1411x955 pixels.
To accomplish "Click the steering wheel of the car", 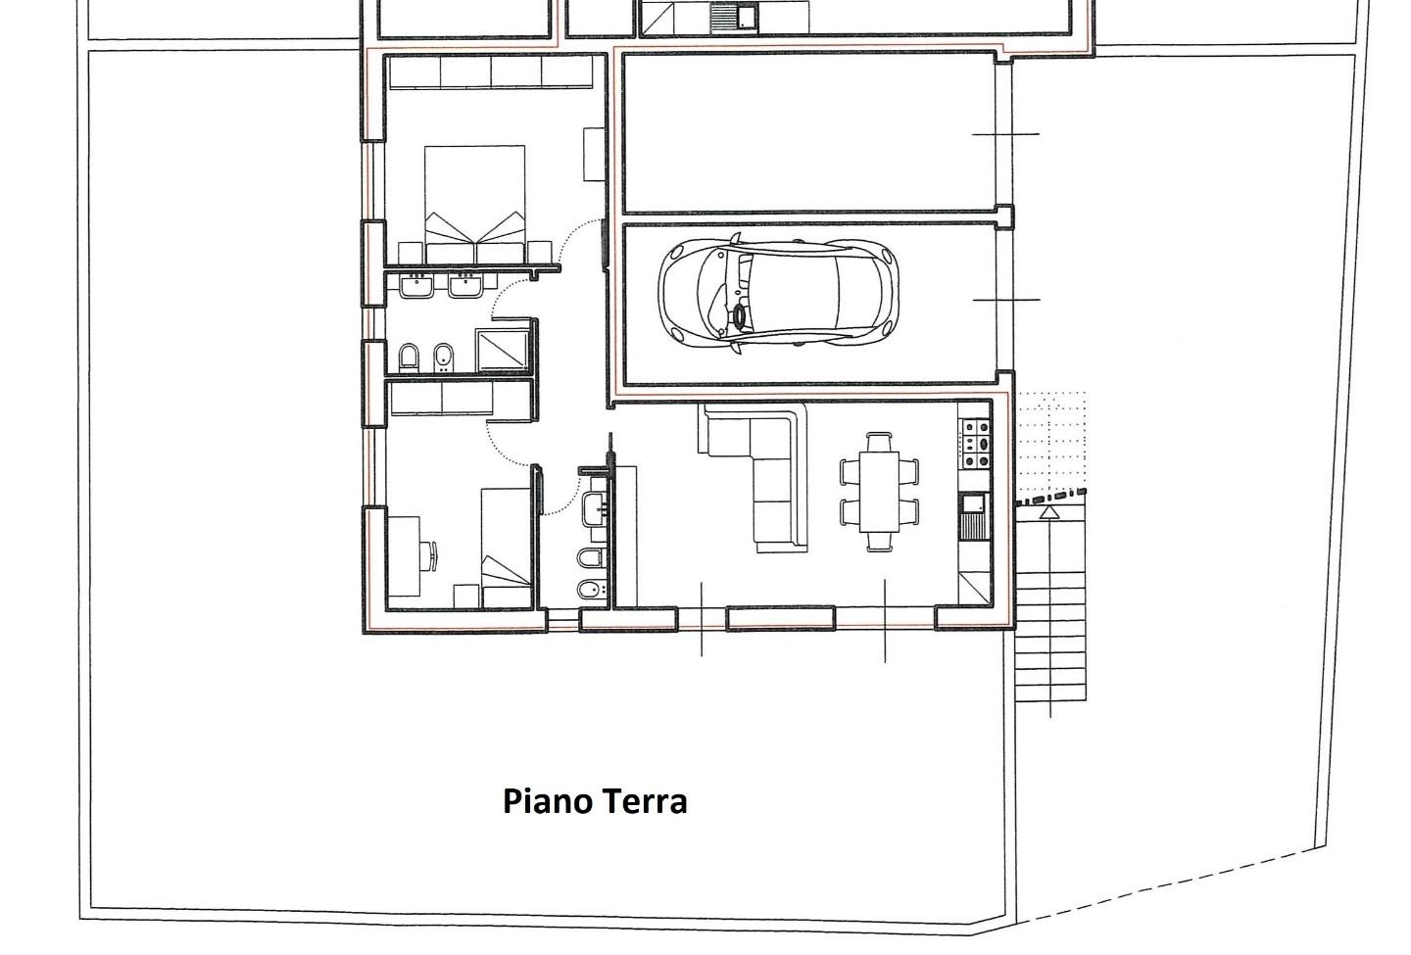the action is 740,317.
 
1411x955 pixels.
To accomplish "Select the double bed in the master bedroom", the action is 475,205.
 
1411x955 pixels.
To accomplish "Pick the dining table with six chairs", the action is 879,492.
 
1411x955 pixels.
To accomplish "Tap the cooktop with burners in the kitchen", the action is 974,444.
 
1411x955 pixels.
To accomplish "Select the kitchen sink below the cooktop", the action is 974,515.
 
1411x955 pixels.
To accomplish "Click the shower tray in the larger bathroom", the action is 502,350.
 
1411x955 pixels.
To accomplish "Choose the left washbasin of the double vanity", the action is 416,286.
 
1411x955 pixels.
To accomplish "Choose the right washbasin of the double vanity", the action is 466,286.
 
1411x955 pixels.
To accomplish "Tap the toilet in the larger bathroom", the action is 409,358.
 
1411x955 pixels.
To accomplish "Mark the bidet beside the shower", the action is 444,358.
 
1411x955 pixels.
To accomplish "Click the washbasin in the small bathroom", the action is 594,508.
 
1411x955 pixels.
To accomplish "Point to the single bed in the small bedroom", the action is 506,548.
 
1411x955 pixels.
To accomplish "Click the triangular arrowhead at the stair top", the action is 1048,512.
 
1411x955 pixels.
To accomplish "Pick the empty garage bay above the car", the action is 808,133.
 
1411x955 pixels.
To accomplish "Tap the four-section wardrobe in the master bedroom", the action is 491,72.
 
